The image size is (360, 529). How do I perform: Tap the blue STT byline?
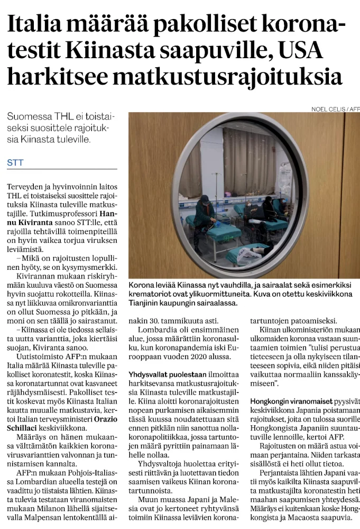click(15, 163)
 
